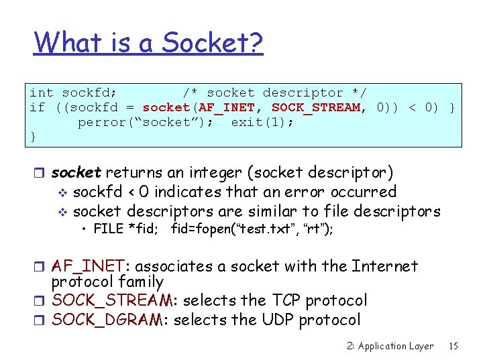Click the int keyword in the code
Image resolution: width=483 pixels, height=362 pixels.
[x=42, y=93]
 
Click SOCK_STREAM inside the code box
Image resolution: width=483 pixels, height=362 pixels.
[x=316, y=107]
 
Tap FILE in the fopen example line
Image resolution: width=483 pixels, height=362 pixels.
[x=109, y=229]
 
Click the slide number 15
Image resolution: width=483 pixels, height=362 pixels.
[x=453, y=347]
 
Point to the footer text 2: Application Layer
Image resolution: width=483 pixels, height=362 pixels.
[x=390, y=347]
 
